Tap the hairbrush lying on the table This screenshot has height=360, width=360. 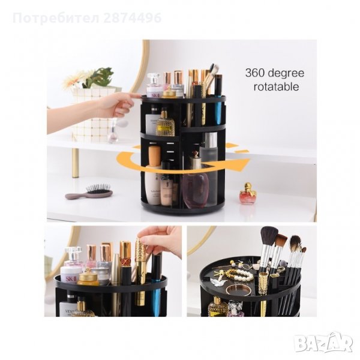[90, 192]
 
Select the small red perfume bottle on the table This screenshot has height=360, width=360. [247, 195]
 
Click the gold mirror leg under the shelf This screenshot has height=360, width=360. [75, 162]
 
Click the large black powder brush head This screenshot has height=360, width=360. [269, 237]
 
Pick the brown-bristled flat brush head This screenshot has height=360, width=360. [280, 241]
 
